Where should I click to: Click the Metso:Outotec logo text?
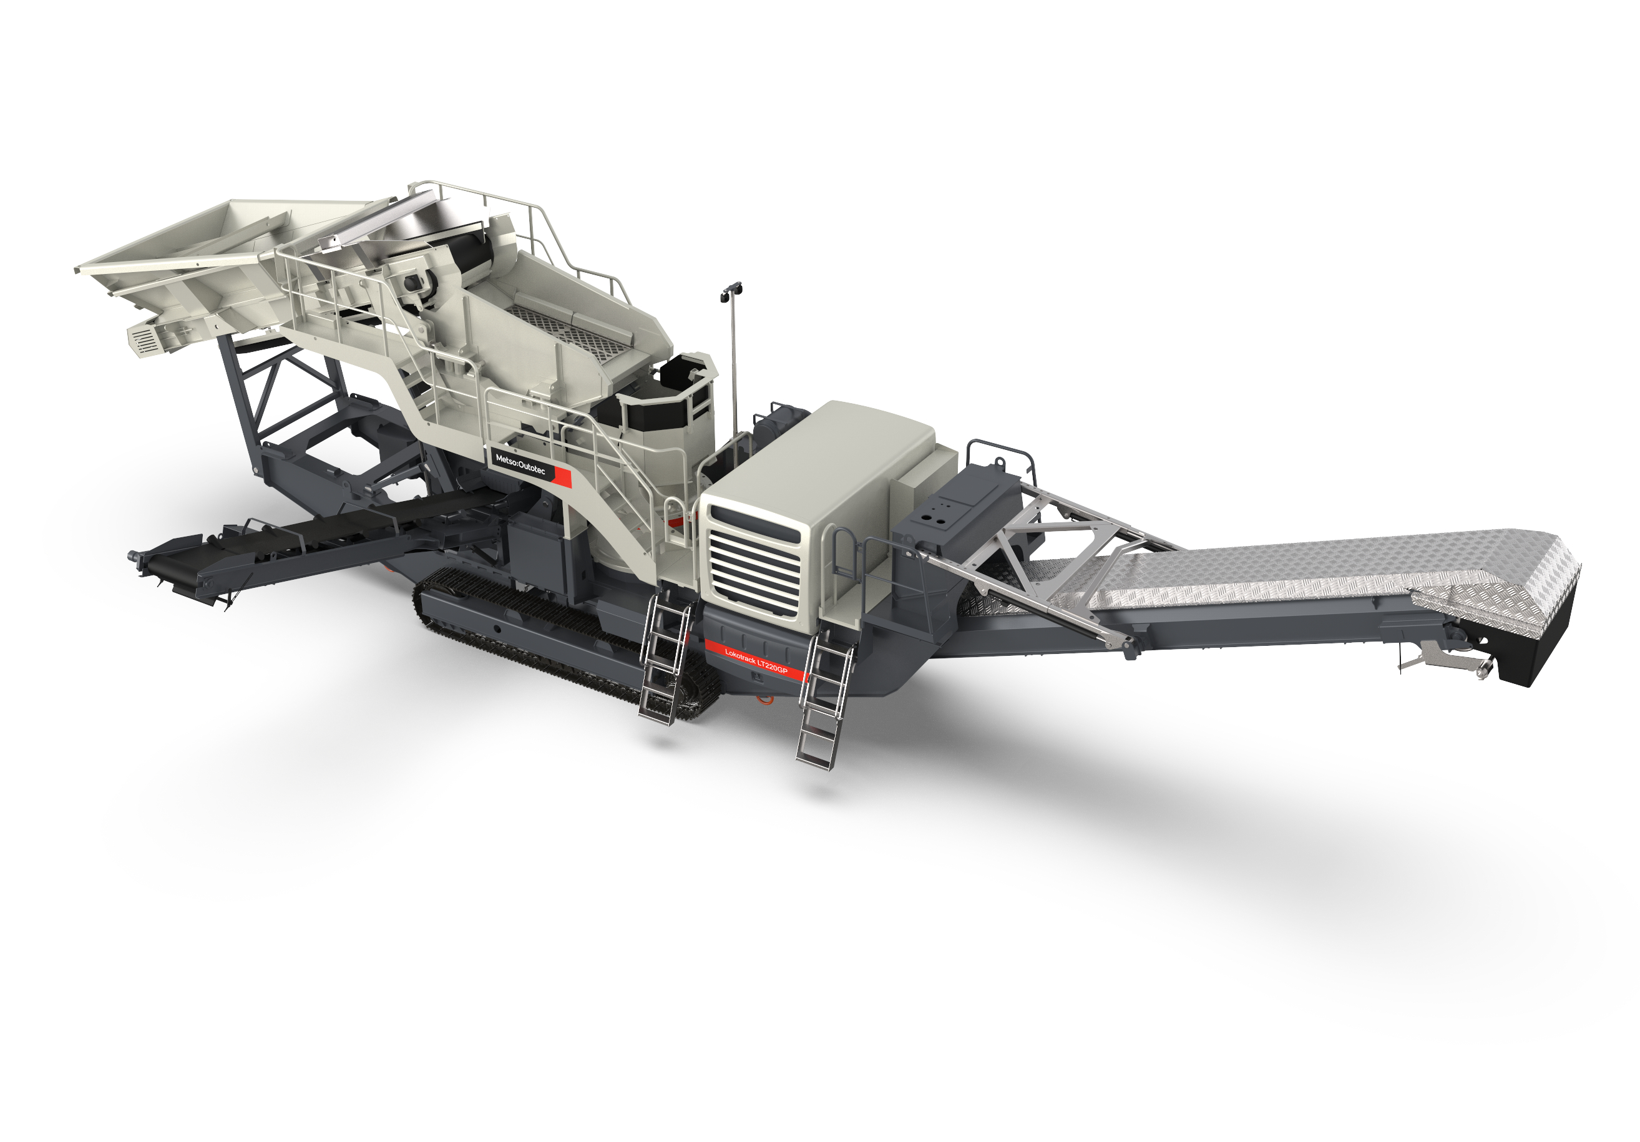[x=520, y=465]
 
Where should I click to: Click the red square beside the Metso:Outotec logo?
[x=562, y=477]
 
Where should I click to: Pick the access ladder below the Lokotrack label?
[x=826, y=700]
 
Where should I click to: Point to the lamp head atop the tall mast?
[x=731, y=290]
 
